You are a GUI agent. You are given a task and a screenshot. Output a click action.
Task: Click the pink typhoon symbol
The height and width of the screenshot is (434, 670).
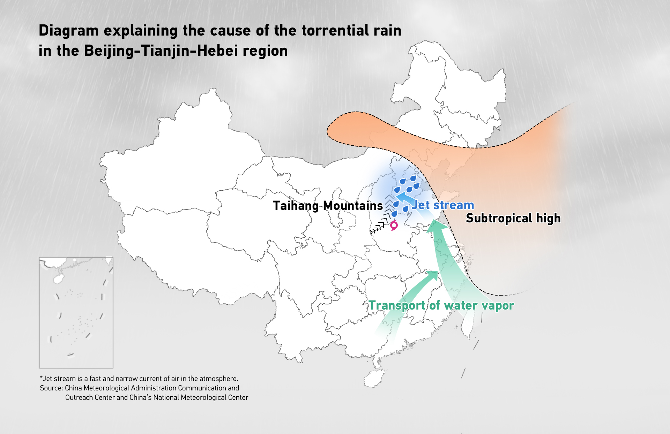pos(394,225)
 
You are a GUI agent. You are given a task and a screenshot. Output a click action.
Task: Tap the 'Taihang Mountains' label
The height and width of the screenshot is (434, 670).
pos(328,206)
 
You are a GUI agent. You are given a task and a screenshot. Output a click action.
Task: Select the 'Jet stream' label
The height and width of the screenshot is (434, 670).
pos(443,205)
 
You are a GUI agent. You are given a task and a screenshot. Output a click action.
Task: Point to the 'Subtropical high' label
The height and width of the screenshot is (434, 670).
pos(513,218)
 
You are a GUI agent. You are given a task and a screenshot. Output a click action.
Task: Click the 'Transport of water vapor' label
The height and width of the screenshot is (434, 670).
pos(441,305)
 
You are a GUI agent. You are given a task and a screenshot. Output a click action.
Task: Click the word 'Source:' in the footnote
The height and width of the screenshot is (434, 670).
pos(51,388)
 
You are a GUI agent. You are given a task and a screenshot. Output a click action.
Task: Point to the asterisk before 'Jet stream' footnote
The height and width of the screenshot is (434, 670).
pos(41,378)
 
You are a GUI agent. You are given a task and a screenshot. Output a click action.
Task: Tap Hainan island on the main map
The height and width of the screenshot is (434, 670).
pos(374,379)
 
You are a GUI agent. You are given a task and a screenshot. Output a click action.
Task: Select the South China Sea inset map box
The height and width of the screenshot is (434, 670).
pos(76,313)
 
